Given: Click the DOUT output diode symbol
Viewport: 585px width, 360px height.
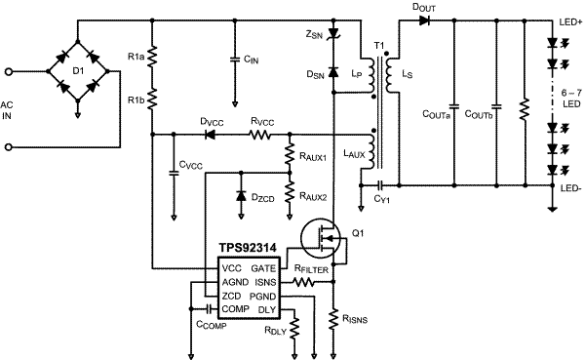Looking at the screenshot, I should pyautogui.click(x=425, y=20).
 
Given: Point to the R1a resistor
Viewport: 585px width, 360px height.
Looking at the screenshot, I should pyautogui.click(x=152, y=59).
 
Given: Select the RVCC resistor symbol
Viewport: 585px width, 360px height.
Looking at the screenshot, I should pyautogui.click(x=260, y=135).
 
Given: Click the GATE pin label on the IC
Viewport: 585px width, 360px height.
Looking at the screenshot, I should pyautogui.click(x=263, y=267).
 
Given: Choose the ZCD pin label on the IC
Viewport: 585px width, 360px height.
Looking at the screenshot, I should pyautogui.click(x=231, y=295).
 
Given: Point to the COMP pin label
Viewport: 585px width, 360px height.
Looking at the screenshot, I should pyautogui.click(x=234, y=308).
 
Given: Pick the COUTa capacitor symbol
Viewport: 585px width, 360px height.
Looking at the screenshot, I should pyautogui.click(x=453, y=104).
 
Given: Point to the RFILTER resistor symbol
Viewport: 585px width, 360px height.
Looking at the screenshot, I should pyautogui.click(x=304, y=281).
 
